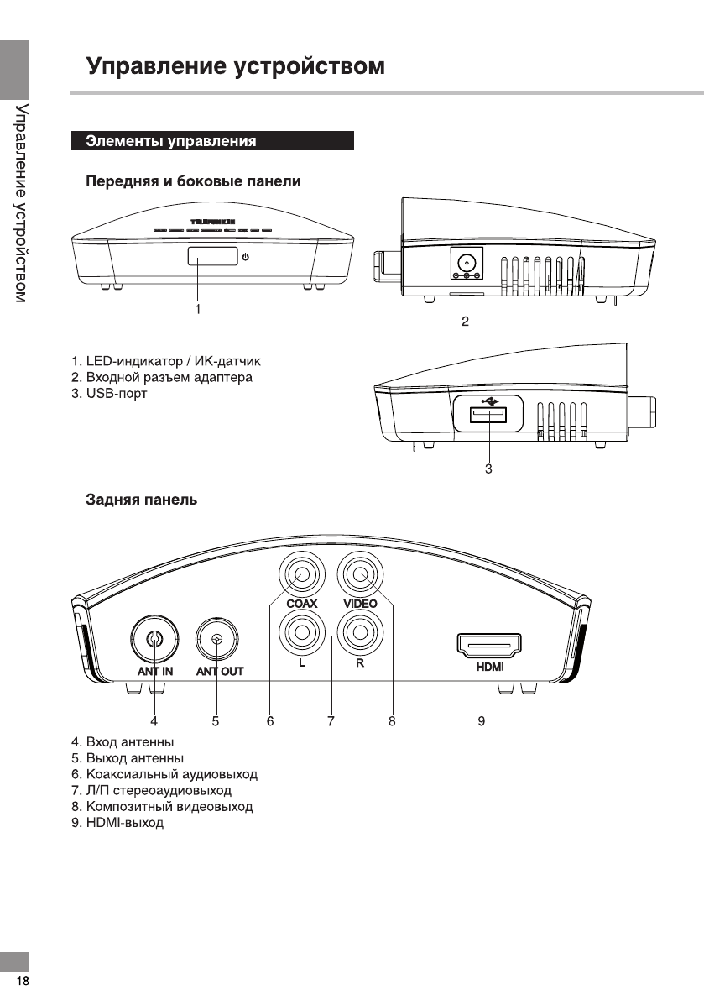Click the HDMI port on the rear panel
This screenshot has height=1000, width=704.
click(x=488, y=647)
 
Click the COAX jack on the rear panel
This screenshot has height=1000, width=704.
click(x=300, y=577)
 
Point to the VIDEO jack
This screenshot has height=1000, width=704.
click(x=360, y=577)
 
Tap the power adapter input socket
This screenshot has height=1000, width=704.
click(x=466, y=262)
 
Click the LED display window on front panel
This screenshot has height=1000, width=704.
click(x=211, y=257)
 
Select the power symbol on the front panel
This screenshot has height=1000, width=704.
click(x=245, y=257)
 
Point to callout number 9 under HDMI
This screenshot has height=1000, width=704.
click(x=482, y=720)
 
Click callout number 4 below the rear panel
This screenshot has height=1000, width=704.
click(x=154, y=720)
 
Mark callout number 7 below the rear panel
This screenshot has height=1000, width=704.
click(x=331, y=720)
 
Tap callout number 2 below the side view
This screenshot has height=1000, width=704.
click(x=465, y=321)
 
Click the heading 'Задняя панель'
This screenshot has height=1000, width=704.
click(x=142, y=500)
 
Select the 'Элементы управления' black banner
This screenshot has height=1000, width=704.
click(x=212, y=141)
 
